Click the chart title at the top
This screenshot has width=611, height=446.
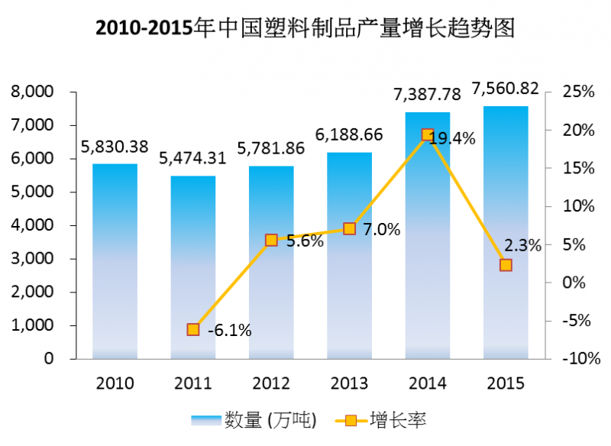point(305,28)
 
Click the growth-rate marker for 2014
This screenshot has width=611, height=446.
point(428,134)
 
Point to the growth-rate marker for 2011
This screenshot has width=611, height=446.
point(193,329)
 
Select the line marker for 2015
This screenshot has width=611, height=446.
point(506,265)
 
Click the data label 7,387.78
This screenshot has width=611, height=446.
point(427,95)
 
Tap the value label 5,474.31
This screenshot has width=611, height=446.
point(192,159)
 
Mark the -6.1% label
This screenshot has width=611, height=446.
point(229,331)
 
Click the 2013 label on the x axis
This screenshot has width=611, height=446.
point(349,383)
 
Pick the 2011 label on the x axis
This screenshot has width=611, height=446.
point(192,383)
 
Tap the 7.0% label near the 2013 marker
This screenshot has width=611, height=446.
point(382,229)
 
